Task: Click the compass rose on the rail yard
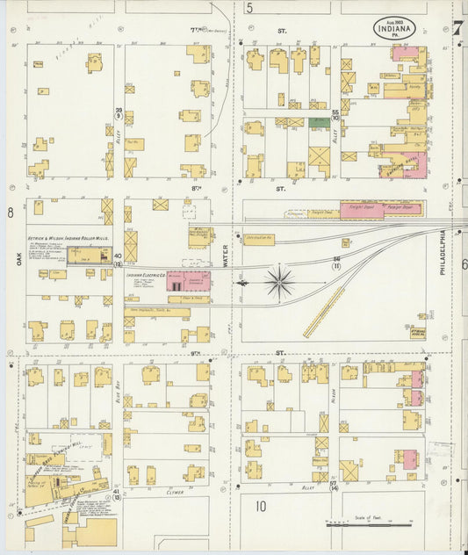280,282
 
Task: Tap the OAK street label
17,256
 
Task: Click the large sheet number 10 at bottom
260,505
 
